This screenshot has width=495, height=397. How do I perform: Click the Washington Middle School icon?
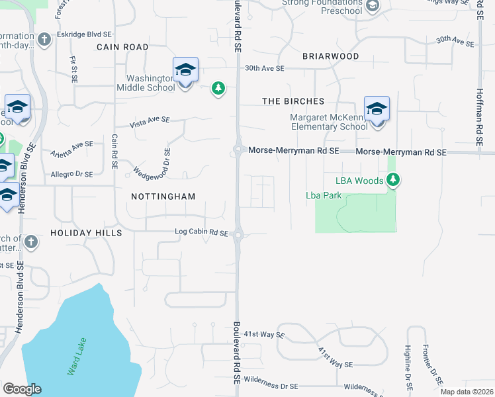click(185, 70)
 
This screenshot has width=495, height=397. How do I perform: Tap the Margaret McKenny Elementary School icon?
click(376, 109)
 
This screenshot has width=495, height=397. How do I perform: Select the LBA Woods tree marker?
click(394, 180)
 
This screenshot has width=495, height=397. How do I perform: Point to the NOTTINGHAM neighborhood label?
click(163, 197)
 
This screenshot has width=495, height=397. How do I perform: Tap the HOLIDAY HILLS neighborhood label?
click(86, 234)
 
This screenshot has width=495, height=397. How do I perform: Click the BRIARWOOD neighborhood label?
click(331, 56)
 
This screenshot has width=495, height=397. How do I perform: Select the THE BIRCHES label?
click(293, 101)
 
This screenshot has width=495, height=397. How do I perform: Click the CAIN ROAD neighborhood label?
click(122, 47)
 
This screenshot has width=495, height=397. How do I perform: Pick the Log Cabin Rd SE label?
click(201, 233)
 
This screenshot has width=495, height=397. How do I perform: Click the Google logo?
click(22, 389)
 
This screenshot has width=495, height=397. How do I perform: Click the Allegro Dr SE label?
click(72, 174)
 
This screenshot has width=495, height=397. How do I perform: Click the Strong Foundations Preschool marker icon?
click(372, 6)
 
